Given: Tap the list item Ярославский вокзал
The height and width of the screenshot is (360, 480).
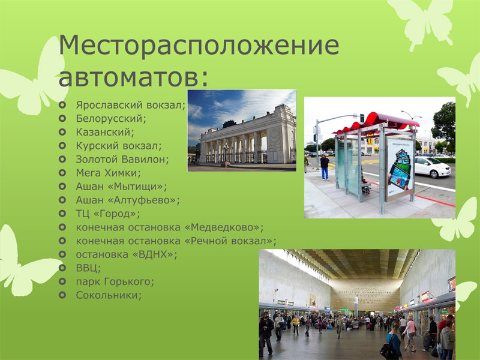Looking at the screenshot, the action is [131, 106].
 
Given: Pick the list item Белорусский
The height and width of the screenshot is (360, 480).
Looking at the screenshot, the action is [111, 119].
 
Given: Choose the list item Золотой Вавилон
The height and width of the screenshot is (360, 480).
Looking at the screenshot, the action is [122, 160].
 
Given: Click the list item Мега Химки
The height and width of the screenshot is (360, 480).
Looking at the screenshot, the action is [108, 173].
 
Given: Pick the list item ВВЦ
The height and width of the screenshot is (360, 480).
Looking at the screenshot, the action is [88, 268].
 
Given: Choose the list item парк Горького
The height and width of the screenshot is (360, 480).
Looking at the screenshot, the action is [115, 281].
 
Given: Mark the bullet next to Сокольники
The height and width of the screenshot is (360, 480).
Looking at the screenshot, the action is [62, 295].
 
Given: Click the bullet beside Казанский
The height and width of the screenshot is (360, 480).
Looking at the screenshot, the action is [62, 132].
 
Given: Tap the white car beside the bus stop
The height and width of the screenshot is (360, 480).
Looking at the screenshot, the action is [432, 167].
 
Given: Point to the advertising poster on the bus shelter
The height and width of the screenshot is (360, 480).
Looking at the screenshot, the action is [400, 169].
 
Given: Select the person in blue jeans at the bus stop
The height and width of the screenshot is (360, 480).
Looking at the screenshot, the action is [325, 167].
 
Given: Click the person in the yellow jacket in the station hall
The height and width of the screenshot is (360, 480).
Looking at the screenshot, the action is [296, 325].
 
